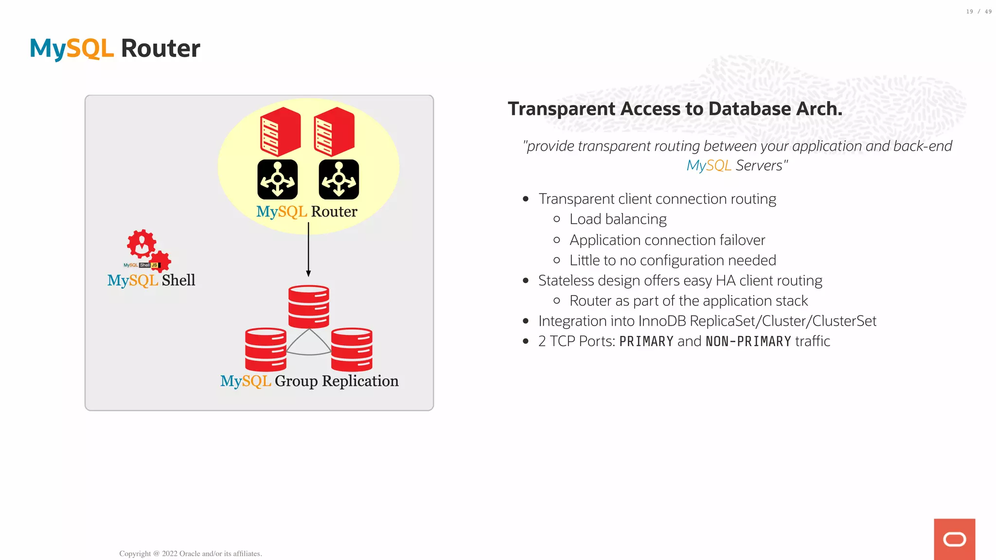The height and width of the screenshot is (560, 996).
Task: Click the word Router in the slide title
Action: [160, 49]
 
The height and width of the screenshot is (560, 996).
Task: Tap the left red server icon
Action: [280, 132]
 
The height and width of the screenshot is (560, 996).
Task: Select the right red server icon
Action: [334, 132]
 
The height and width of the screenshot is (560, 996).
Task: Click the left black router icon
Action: [277, 179]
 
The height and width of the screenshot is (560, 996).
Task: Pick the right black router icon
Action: [339, 179]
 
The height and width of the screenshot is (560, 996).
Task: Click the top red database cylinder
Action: [308, 306]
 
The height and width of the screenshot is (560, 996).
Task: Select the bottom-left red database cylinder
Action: [266, 350]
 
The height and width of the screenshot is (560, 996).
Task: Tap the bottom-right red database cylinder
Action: [352, 350]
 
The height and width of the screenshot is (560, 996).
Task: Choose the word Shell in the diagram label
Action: [178, 280]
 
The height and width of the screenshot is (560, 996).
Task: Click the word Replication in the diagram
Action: [360, 381]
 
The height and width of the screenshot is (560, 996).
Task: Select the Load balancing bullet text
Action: [618, 219]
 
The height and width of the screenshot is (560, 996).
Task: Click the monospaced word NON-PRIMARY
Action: [748, 341]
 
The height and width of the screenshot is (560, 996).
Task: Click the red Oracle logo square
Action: [954, 539]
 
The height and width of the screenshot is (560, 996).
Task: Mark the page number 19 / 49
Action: [978, 12]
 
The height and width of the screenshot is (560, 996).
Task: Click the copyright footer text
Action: [191, 554]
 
